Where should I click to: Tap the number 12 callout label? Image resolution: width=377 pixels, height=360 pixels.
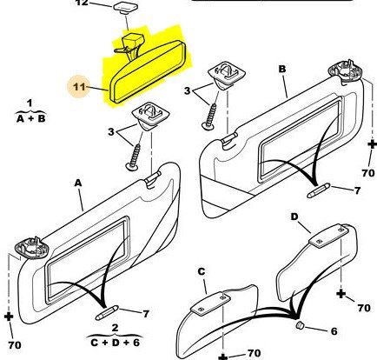(x=82, y=3)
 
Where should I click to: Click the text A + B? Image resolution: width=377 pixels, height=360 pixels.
(x=31, y=118)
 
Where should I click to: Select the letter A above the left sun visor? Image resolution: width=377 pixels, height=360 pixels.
(x=78, y=183)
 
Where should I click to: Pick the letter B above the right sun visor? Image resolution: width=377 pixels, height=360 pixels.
(x=282, y=69)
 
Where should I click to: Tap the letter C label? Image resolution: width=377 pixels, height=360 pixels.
(x=202, y=271)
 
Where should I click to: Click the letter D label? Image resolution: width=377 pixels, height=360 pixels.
(x=294, y=217)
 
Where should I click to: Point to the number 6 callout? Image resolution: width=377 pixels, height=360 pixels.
(x=334, y=331)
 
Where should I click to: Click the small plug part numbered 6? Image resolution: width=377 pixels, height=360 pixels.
(x=300, y=325)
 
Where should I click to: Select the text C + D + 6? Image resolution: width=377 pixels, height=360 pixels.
(x=116, y=343)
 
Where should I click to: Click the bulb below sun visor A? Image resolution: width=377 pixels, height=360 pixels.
(x=107, y=313)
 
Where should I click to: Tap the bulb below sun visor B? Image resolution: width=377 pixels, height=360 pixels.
(x=318, y=190)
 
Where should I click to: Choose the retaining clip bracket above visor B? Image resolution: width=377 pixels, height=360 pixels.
(x=228, y=74)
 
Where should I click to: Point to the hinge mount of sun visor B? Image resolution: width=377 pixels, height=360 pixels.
(x=345, y=71)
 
